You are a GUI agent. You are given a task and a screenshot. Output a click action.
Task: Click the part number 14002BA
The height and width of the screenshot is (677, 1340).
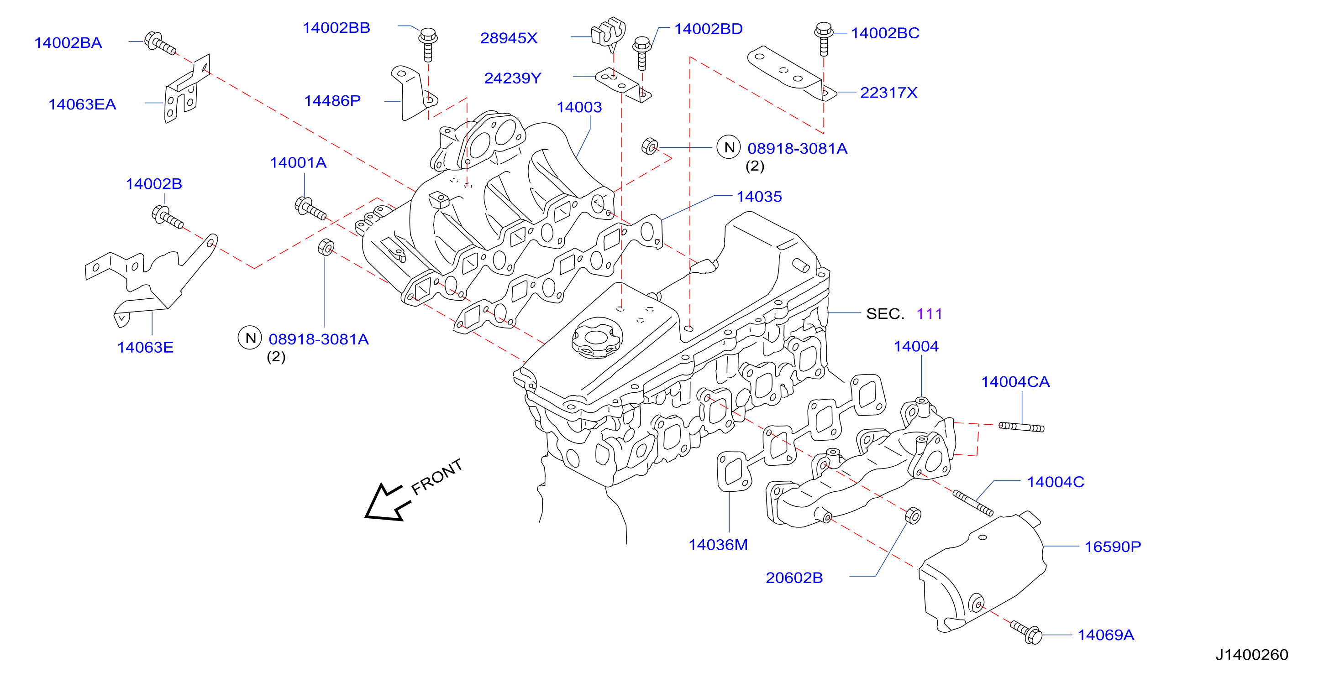[68, 42]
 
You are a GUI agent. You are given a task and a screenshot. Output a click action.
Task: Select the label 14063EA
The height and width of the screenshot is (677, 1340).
[82, 104]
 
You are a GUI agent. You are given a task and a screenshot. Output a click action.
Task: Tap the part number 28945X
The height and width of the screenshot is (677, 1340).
[509, 38]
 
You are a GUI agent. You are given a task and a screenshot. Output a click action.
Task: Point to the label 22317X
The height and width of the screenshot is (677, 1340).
[888, 93]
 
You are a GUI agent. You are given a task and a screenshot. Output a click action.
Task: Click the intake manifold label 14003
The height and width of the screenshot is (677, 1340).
[579, 107]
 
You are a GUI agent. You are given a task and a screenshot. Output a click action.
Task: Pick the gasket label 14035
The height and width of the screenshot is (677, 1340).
[759, 197]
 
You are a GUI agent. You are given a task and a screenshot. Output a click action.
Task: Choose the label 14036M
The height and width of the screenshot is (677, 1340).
[718, 544]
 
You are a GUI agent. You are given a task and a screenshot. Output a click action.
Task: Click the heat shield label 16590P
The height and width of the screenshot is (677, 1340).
[1113, 547]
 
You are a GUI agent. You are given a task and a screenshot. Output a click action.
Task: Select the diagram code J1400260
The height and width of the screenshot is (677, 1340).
[1251, 655]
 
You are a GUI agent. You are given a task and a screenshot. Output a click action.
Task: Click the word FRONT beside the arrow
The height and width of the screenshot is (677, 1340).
[436, 476]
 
